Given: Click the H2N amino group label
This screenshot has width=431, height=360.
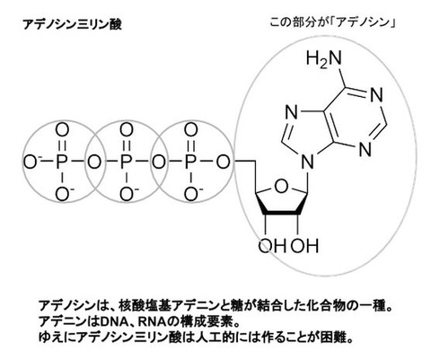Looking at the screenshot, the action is [x=323, y=58].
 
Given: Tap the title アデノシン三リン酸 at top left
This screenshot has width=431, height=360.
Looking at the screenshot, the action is [x=72, y=24].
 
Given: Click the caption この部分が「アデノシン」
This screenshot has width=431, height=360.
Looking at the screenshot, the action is [x=332, y=22].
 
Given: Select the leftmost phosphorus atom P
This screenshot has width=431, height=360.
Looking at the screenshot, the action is [x=61, y=162].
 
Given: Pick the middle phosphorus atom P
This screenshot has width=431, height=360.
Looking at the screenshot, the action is [x=126, y=162].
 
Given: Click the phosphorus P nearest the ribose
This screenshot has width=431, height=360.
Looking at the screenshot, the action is [x=190, y=162].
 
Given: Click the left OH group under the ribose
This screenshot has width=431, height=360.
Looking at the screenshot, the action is [x=272, y=246].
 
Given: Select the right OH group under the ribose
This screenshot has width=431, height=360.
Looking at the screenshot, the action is [x=304, y=246].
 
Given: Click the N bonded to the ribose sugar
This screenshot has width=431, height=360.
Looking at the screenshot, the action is [x=307, y=163].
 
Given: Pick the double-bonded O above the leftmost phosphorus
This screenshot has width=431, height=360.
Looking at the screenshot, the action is [x=62, y=130].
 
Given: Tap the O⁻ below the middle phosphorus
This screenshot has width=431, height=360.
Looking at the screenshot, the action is [x=128, y=195].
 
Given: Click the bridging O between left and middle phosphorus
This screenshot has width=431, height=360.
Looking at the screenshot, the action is [x=94, y=162].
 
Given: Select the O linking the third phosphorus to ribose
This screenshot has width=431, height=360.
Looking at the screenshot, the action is [x=224, y=162].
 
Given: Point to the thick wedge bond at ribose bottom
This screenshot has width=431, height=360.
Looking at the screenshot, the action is [x=281, y=213].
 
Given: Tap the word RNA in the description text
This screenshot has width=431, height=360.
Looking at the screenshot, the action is [x=152, y=322].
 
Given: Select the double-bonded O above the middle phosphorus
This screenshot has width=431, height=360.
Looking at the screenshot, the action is [x=127, y=130].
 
